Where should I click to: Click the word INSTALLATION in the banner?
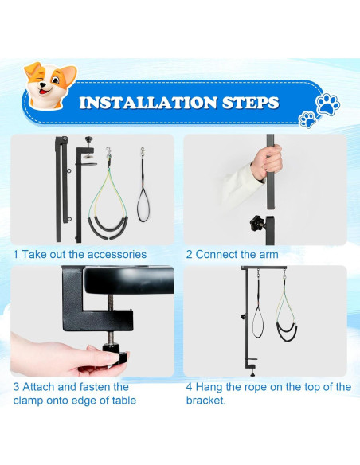point(148,103)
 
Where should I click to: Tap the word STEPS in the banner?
point(251,103)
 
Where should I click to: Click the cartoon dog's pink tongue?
point(43,92)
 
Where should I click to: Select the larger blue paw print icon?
point(327,104)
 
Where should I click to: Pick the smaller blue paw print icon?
point(307,119)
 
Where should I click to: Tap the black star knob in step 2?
point(256,223)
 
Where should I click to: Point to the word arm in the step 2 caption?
point(268,255)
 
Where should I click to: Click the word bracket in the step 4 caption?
point(205,401)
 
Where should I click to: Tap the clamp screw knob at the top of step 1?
point(88,139)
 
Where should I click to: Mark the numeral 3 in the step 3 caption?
point(16,387)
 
